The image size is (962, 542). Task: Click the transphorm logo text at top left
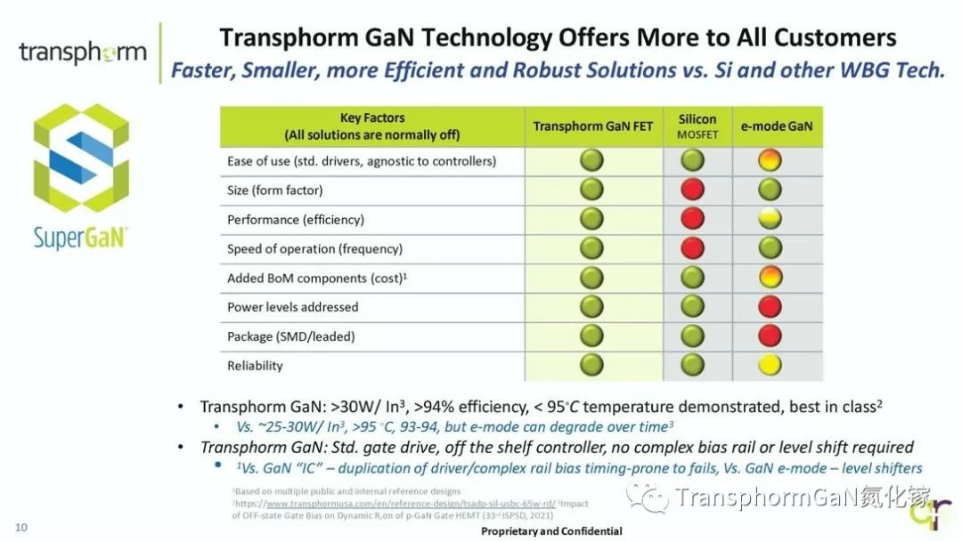(83, 53)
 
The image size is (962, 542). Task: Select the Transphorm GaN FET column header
(592, 126)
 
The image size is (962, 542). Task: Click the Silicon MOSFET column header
(697, 126)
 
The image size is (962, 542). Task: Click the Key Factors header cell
(371, 126)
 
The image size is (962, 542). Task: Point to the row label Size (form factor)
(274, 190)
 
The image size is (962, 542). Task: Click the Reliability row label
(255, 365)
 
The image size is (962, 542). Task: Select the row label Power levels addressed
(292, 307)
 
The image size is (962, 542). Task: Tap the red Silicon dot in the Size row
(692, 190)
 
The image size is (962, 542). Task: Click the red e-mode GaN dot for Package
(770, 336)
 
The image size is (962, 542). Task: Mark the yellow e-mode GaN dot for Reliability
(770, 365)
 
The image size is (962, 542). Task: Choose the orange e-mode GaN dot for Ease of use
(770, 160)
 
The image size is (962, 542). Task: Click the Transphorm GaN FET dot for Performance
(591, 219)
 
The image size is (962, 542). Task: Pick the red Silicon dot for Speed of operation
(692, 248)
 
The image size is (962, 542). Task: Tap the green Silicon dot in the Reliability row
(692, 365)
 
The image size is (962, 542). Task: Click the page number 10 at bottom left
(20, 528)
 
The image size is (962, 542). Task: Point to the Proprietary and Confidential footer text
(551, 531)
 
